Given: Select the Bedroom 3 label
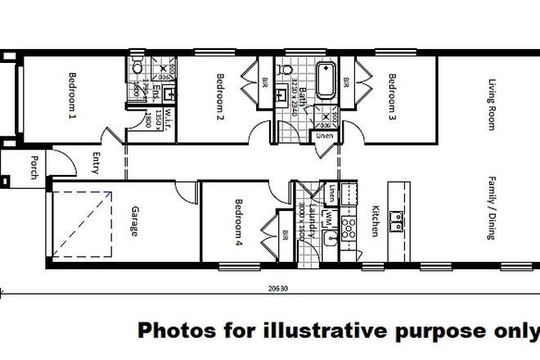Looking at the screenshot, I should (x=394, y=97).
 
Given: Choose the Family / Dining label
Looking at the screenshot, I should (x=493, y=211).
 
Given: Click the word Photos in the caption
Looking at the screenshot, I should (x=175, y=331).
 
